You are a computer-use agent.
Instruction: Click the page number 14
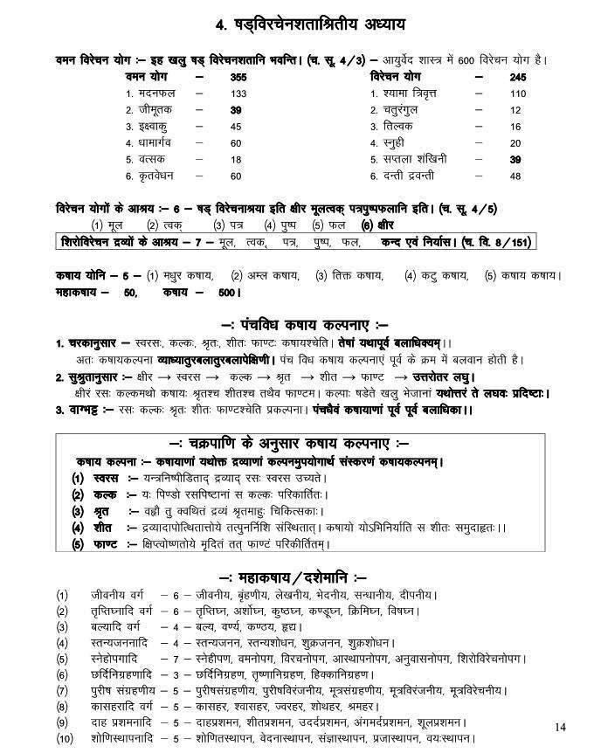tap(561, 727)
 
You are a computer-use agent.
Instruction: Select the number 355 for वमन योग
tap(238, 78)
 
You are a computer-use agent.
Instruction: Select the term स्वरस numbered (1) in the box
tap(108, 479)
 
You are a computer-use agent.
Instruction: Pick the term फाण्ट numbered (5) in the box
tap(108, 544)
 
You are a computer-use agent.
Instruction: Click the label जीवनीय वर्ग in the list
tap(121, 595)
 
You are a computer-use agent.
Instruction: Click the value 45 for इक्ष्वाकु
tap(236, 127)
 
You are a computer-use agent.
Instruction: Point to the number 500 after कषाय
tap(228, 293)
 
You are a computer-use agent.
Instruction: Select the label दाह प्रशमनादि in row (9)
tap(126, 722)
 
